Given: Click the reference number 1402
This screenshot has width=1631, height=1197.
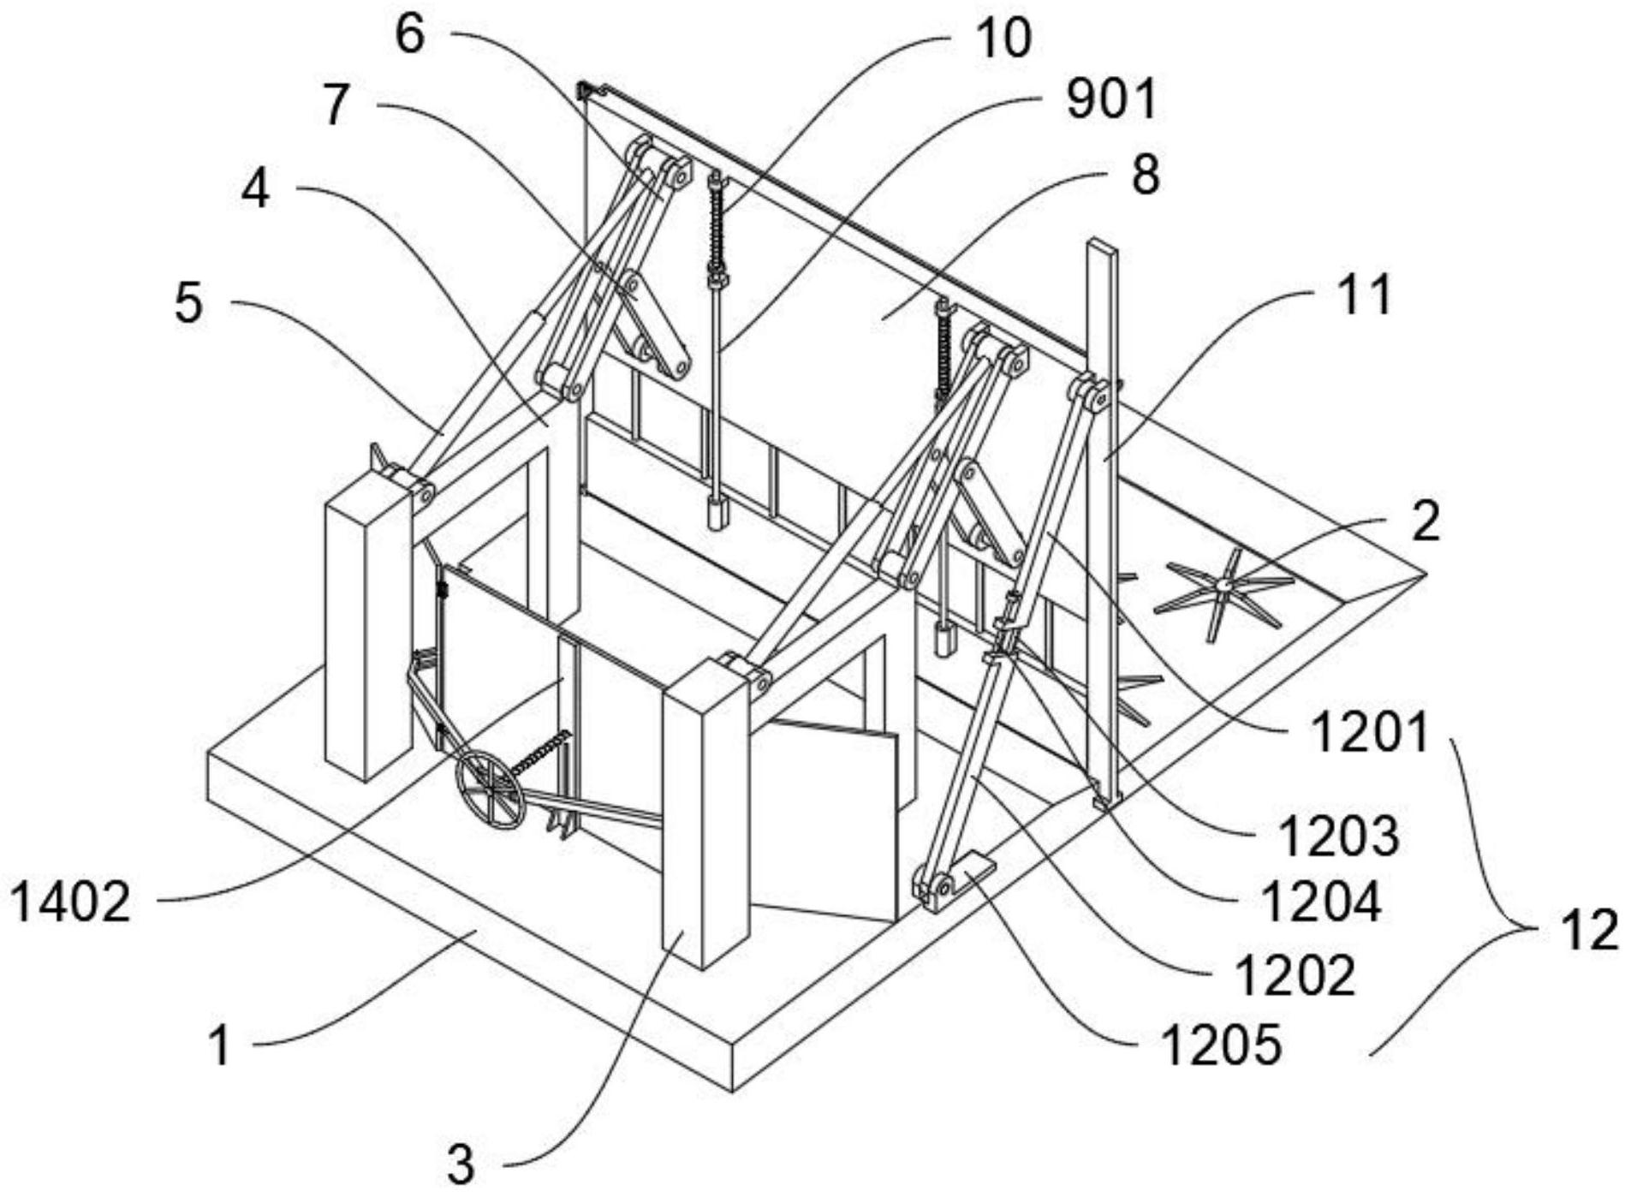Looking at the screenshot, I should [x=70, y=903].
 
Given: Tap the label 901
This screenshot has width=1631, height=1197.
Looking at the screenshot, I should [x=1110, y=99].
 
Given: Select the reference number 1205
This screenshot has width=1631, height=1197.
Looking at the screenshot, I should [x=1221, y=1045].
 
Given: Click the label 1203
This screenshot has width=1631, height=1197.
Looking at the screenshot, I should [x=1338, y=837].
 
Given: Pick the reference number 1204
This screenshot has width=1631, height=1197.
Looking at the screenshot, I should [x=1322, y=902].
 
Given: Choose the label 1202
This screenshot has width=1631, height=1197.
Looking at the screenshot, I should [x=1295, y=975].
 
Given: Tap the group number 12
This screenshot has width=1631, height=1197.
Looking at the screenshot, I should [x=1590, y=930].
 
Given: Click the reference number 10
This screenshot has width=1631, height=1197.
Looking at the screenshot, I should [x=1003, y=39].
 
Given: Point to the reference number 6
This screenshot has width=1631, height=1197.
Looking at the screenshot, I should [x=410, y=36].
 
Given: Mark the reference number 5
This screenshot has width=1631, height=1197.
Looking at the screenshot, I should [x=188, y=304].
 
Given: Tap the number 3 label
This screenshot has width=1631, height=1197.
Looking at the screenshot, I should [x=461, y=1164].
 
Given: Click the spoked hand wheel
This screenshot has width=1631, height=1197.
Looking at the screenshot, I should [x=490, y=789].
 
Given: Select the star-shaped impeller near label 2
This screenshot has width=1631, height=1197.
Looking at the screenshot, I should [x=1224, y=586].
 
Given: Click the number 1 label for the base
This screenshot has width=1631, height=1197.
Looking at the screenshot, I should [x=220, y=1046].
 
